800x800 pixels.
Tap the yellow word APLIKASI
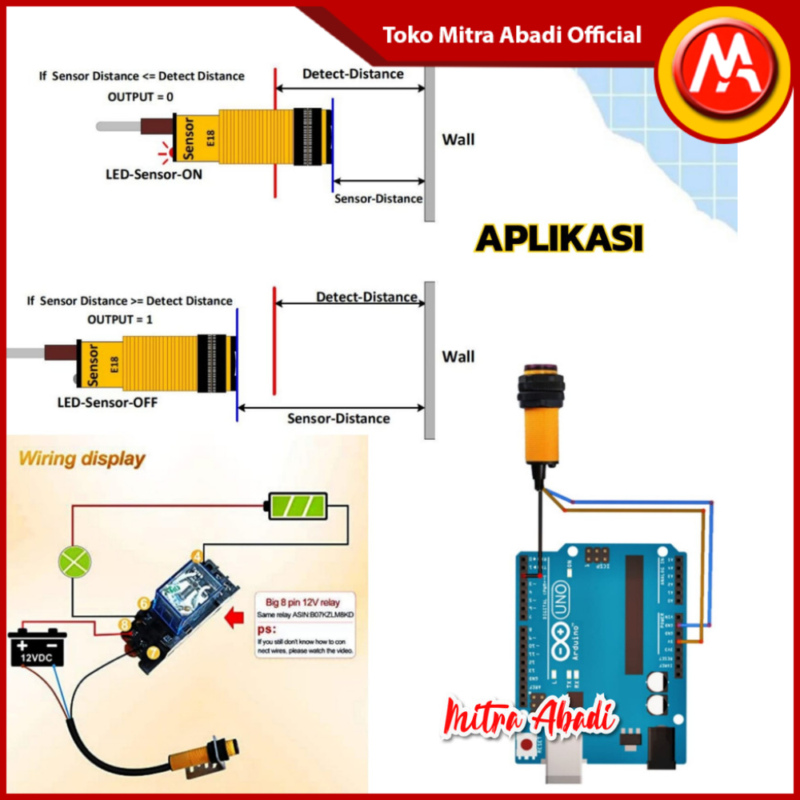click(x=559, y=239)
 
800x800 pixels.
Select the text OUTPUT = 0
click(x=141, y=97)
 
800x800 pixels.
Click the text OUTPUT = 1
click(x=120, y=319)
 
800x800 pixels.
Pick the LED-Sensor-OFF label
click(x=107, y=402)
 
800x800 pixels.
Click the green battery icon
click(x=296, y=506)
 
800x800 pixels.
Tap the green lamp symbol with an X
click(x=74, y=561)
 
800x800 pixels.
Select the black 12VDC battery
click(x=38, y=647)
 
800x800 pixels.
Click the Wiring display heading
click(x=82, y=459)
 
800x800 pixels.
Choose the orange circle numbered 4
click(x=196, y=556)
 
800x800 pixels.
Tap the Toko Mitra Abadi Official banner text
click(x=512, y=35)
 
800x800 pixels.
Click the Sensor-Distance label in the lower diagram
click(x=338, y=418)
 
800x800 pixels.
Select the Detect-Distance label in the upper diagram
click(x=353, y=74)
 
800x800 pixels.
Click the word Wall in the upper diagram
click(x=458, y=139)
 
